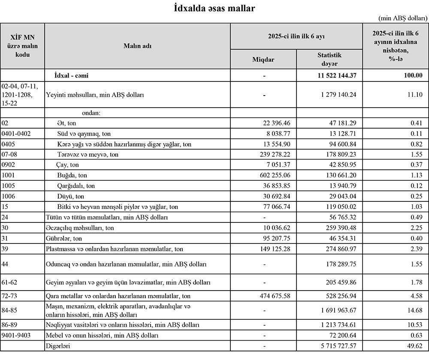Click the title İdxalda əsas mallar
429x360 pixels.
coord(214,8)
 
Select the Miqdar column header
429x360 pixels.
coord(263,59)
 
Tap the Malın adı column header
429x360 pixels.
coord(137,46)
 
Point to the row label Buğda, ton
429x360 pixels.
coord(72,175)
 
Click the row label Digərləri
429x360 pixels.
coord(58,345)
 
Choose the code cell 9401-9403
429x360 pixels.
coord(16,335)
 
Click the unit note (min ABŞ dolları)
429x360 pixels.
coord(403,18)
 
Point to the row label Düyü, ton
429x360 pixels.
coord(70,196)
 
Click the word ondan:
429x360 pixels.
coord(85,113)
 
